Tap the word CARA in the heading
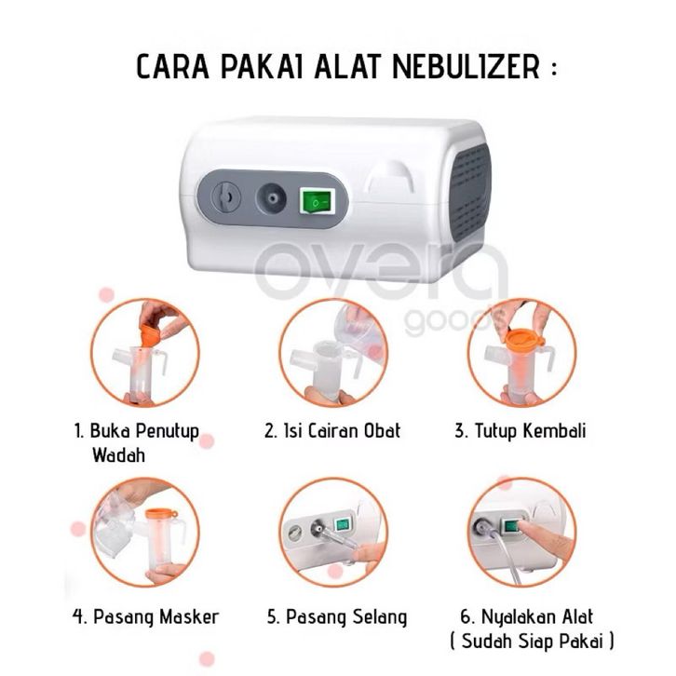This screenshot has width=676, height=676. point(172,67)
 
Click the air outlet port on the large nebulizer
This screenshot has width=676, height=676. point(271,198)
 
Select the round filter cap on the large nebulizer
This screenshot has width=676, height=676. point(226,197)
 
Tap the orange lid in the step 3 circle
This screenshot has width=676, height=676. point(523,340)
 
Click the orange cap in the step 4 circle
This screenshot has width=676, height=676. point(161,515)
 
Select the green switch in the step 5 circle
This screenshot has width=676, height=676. point(342,524)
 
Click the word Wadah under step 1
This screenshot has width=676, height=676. point(118,455)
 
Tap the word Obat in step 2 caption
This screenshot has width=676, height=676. point(383,431)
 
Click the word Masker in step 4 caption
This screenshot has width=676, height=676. point(189,616)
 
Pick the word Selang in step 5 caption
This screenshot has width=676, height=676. point(379,617)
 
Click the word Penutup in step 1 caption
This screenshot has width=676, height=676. point(168,431)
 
